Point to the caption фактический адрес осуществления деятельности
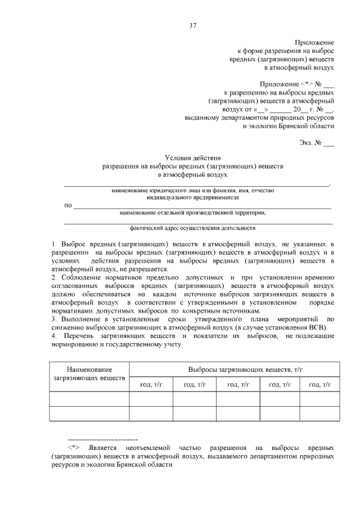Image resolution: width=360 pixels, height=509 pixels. (193, 228)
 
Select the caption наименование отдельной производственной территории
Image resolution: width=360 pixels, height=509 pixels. (193, 213)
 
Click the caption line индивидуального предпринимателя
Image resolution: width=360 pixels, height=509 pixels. (193, 198)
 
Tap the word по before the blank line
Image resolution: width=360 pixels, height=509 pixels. (68, 206)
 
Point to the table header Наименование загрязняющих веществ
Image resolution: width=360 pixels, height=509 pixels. (89, 373)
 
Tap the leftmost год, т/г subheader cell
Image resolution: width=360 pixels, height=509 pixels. (151, 384)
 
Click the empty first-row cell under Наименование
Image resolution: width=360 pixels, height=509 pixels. (89, 398)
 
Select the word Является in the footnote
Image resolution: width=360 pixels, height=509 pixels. (105, 447)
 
